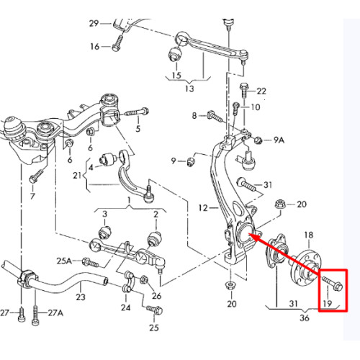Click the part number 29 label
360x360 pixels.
coord(94,24)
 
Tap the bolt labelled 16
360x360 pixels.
coord(117,43)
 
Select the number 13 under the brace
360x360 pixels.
coord(189,89)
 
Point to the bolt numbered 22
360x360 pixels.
coord(244,90)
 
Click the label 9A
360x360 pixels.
coord(279,140)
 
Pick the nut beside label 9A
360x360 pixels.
coord(258,140)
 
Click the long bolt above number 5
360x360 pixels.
coord(137,112)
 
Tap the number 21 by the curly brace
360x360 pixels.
coord(77,176)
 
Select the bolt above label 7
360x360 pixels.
coord(36,176)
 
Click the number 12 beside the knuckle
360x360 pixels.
coord(203,208)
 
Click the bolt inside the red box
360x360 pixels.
coord(333,283)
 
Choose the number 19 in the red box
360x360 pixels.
coord(328,303)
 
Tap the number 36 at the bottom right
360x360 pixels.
coord(305,318)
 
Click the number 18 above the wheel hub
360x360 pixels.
coord(309,235)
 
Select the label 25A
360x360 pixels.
coord(64,261)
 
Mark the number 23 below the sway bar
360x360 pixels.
coord(81,297)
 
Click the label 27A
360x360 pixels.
coord(55,312)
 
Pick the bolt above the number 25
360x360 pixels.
coord(154,310)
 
